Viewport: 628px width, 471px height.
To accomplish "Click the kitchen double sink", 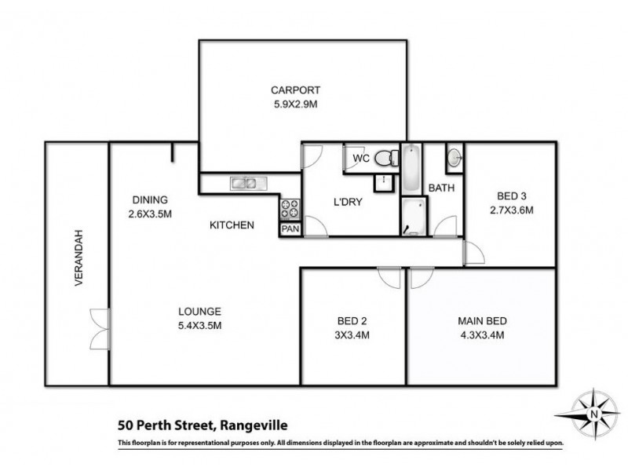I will [243, 184].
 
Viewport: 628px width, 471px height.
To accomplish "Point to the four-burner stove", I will [290, 210].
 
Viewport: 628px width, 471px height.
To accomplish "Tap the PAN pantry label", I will [290, 228].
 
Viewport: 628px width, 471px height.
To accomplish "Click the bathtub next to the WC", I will [412, 168].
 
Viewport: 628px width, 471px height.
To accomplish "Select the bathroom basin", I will [455, 159].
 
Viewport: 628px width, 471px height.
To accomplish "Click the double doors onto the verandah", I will [99, 329].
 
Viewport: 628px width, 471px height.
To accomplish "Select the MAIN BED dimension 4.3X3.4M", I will [482, 334].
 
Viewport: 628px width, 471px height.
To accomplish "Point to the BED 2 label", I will [352, 320].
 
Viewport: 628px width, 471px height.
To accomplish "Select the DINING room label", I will [149, 199].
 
